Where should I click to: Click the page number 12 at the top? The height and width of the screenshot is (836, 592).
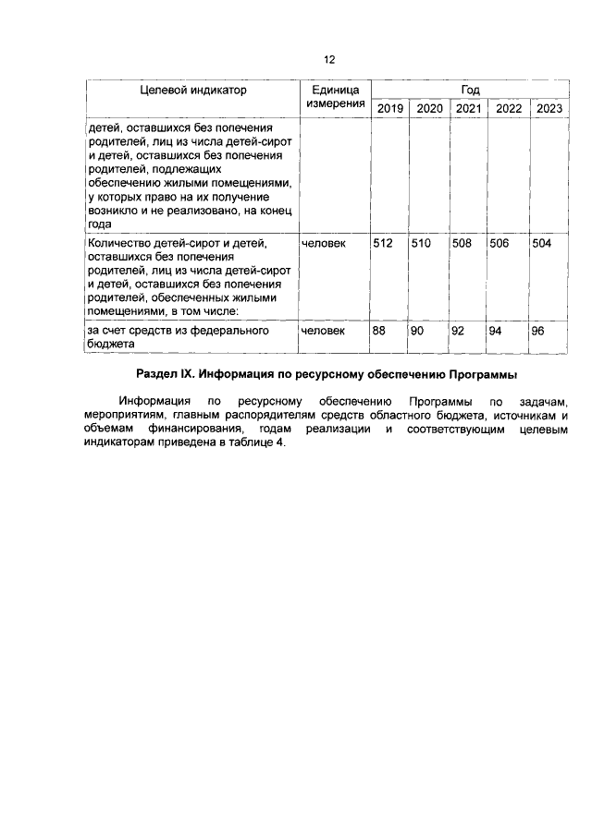(x=328, y=60)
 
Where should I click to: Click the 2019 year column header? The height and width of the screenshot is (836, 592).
(x=389, y=109)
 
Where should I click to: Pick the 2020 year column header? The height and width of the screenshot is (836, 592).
(x=429, y=109)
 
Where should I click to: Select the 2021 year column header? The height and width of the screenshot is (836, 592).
(x=468, y=109)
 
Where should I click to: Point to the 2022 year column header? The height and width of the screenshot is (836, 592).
(x=509, y=109)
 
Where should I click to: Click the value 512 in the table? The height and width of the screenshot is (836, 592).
(x=383, y=244)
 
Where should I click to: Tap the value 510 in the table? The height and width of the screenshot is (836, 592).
(x=423, y=244)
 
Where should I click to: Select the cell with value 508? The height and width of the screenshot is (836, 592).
(x=462, y=244)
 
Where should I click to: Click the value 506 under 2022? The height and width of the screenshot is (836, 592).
(x=501, y=244)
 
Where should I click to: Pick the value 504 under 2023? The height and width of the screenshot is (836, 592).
(x=542, y=244)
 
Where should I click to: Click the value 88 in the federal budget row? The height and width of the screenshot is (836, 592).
(x=379, y=330)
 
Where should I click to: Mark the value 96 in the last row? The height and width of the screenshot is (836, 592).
(x=538, y=330)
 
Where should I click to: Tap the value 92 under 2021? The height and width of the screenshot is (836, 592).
(x=459, y=330)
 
